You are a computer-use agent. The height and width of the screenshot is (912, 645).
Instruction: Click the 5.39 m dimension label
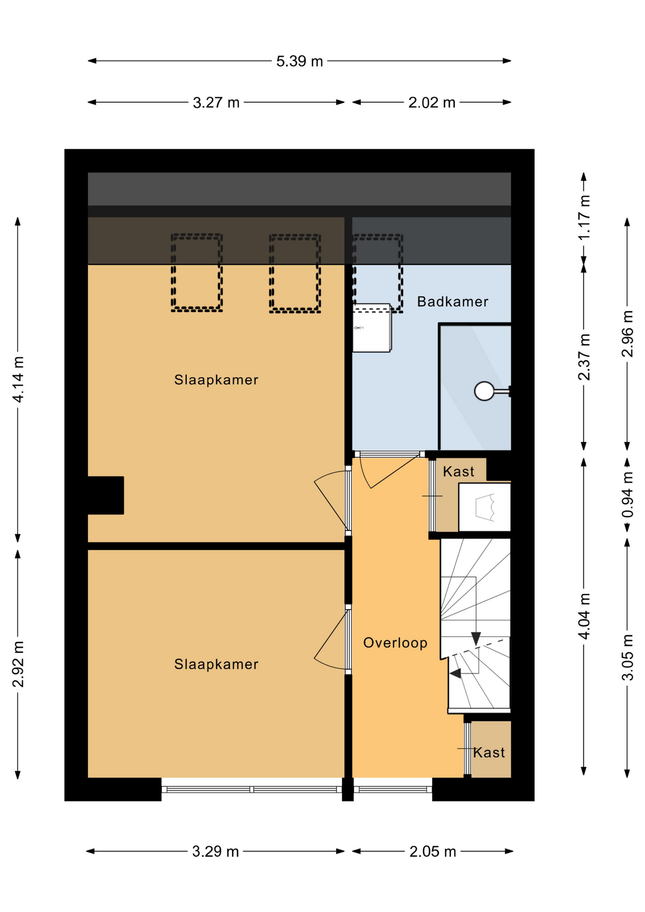tap(299, 61)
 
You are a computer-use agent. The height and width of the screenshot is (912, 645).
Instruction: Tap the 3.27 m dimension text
tap(216, 103)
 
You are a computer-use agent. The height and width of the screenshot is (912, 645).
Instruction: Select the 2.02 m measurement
tap(432, 103)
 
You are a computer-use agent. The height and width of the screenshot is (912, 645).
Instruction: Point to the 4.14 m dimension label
tap(18, 379)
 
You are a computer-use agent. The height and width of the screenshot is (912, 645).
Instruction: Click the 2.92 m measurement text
tap(18, 664)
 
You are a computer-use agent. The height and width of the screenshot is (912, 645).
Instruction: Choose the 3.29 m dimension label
tap(215, 851)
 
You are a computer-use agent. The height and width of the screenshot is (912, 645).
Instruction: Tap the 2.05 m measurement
tap(433, 851)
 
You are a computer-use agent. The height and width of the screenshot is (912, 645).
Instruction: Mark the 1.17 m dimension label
tap(584, 217)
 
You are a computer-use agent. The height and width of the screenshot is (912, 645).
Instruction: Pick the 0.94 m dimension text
tap(627, 494)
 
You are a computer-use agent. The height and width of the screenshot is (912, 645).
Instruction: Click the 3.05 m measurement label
tap(627, 657)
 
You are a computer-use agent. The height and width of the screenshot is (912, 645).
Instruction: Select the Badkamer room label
tap(453, 302)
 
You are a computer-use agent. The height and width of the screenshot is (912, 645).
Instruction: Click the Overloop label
tap(395, 643)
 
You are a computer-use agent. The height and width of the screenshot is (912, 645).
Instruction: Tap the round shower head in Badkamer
tap(484, 391)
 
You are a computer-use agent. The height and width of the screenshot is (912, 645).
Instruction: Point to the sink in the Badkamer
tap(372, 328)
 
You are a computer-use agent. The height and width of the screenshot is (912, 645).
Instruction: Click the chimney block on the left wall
tap(105, 495)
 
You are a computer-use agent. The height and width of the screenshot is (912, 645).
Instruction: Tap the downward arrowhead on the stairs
tap(475, 638)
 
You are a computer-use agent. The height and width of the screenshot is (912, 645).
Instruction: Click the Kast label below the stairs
tap(489, 752)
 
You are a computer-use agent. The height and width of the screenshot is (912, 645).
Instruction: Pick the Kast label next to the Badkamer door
tap(458, 472)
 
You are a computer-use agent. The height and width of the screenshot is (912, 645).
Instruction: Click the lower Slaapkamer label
tap(216, 664)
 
